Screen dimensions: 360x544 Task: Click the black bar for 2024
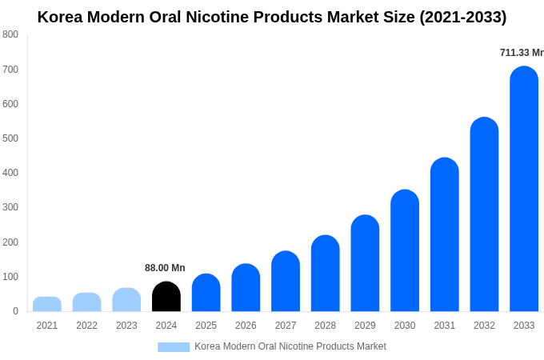pyautogui.click(x=166, y=297)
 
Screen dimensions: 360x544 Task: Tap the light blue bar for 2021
pyautogui.click(x=47, y=304)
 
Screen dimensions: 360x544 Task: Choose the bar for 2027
pyautogui.click(x=286, y=282)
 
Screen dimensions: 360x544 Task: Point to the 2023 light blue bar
pyautogui.click(x=126, y=300)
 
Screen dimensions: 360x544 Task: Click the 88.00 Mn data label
pyautogui.click(x=165, y=268)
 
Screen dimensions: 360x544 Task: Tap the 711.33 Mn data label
pyautogui.click(x=522, y=53)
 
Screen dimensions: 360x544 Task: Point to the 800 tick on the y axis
pyautogui.click(x=10, y=34)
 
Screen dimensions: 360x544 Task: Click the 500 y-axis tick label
pyautogui.click(x=10, y=138)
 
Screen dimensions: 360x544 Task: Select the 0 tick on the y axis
pyautogui.click(x=15, y=311)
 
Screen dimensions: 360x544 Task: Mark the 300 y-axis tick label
pyautogui.click(x=10, y=207)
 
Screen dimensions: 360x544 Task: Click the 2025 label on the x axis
pyautogui.click(x=206, y=326)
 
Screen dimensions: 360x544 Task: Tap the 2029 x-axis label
pyautogui.click(x=365, y=326)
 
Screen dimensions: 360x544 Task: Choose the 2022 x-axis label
pyautogui.click(x=86, y=326)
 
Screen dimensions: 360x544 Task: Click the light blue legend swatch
pyautogui.click(x=174, y=347)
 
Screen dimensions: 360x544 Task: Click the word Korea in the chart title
pyautogui.click(x=61, y=17)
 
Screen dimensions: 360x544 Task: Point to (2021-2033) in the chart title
pyautogui.click(x=454, y=17)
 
